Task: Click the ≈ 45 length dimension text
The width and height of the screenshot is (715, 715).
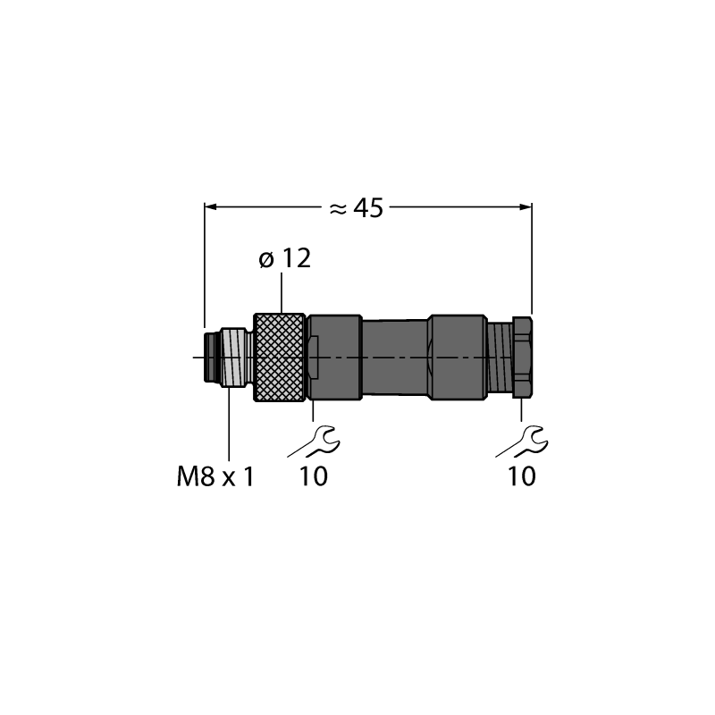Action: coord(356,208)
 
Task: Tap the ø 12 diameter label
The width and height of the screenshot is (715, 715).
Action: coord(285,258)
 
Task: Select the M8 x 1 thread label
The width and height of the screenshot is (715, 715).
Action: coord(214,477)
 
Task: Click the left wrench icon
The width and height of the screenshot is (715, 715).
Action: coord(315,442)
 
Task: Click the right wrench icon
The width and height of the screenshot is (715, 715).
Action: coord(523,442)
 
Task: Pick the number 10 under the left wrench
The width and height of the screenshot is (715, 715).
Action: coord(314,476)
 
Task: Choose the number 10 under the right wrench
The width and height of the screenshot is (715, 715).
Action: coord(522,476)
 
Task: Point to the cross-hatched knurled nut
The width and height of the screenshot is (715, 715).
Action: coord(279,357)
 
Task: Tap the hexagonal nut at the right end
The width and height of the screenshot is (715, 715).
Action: coord(522,357)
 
